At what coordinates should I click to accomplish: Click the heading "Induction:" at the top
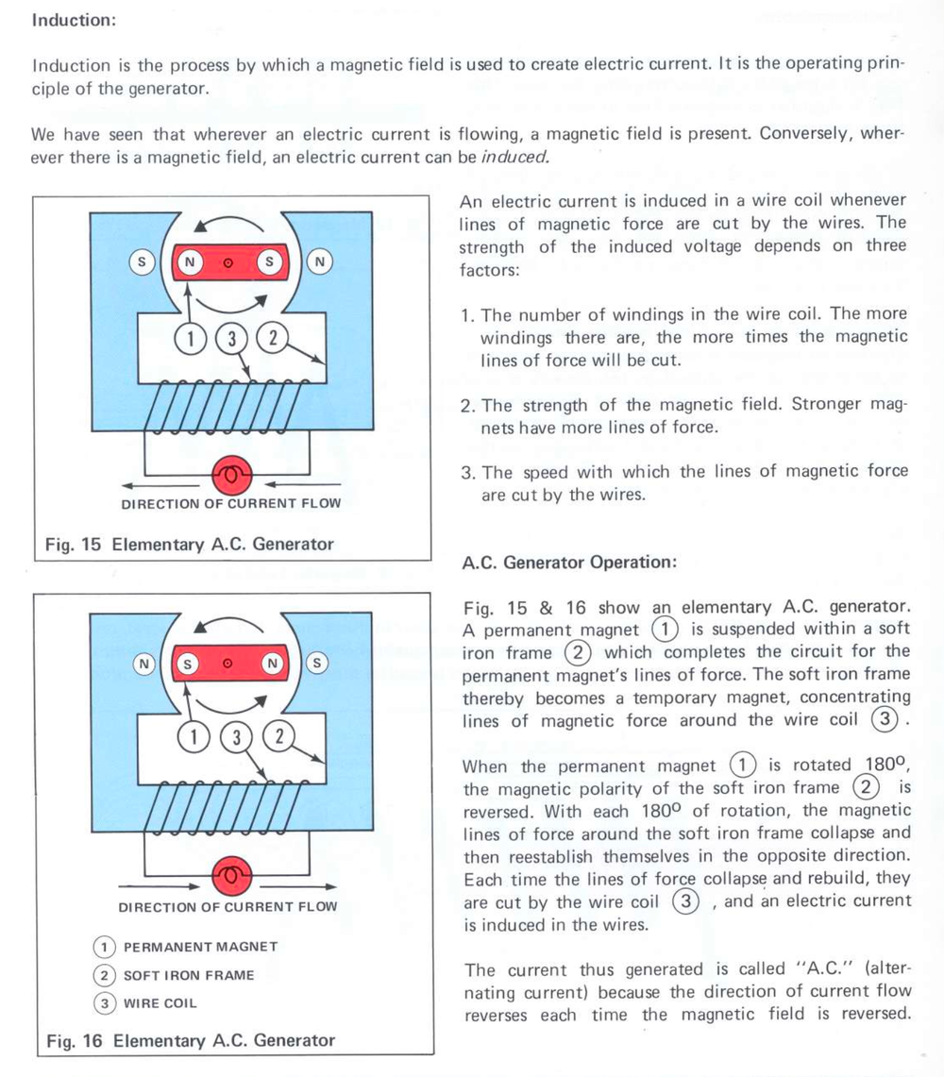coord(74,21)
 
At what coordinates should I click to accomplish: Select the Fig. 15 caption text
coord(190,544)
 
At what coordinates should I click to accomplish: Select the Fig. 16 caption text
coord(191,1040)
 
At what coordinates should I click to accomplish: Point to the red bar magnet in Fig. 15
coord(229,262)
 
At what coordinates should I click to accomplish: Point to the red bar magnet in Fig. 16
coord(229,664)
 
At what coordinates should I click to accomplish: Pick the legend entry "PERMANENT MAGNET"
coord(200,947)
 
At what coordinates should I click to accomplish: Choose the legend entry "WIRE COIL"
coord(160,1003)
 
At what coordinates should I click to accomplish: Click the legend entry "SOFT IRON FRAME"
coord(189,975)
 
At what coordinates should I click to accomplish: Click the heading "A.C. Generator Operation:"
coord(569,563)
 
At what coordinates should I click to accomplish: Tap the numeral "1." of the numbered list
coord(468,314)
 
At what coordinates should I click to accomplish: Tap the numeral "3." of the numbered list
coord(468,472)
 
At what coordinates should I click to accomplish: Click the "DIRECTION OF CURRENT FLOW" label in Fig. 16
coord(228,907)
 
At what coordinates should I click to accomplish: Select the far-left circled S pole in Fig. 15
coord(143,262)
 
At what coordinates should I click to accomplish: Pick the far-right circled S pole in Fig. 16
coord(317,664)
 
